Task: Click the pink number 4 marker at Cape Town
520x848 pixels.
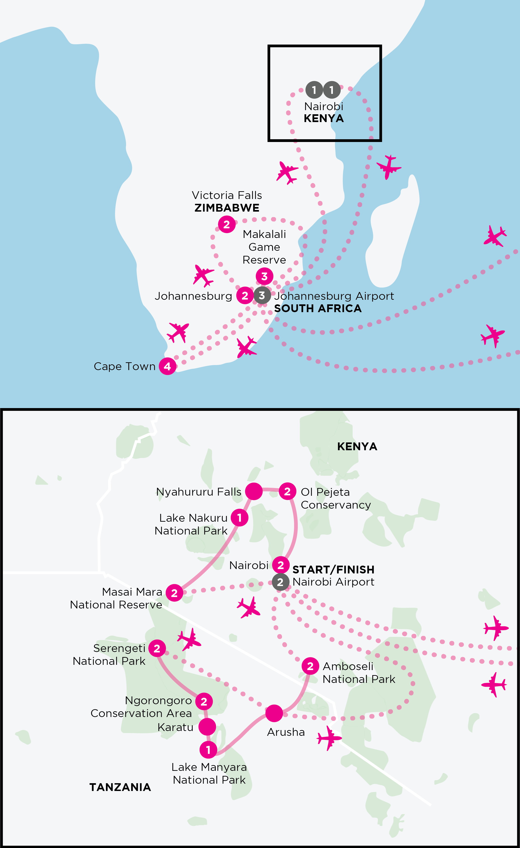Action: [167, 366]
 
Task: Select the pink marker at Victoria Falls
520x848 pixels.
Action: [226, 224]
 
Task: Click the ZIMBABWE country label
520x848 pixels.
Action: [227, 208]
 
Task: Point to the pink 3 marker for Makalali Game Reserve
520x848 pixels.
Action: [264, 276]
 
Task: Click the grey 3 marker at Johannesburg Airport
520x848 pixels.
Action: [262, 295]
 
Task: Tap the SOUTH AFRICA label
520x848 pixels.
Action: [318, 308]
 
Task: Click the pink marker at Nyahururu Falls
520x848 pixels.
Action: [254, 491]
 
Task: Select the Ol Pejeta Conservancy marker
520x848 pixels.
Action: [287, 491]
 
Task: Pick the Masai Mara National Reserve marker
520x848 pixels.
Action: [174, 593]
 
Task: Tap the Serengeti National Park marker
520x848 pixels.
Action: [157, 648]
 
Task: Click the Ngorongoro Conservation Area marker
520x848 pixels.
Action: [204, 701]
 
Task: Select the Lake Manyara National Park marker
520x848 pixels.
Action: [208, 750]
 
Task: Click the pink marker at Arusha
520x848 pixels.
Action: [274, 713]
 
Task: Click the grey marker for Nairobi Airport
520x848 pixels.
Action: [280, 582]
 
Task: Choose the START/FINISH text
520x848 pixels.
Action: [333, 570]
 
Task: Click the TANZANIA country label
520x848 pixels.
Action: [120, 787]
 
